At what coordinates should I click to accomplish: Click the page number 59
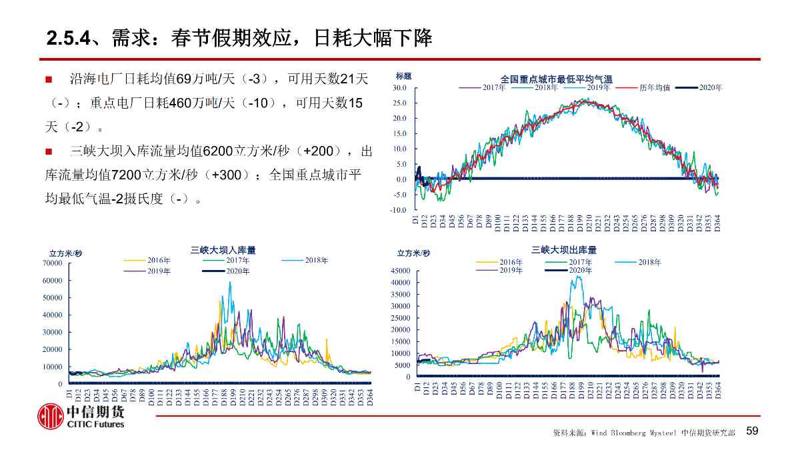pyautogui.click(x=752, y=431)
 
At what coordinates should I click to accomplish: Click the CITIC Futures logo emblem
pyautogui.click(x=50, y=417)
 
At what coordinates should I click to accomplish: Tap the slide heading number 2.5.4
pyautogui.click(x=68, y=38)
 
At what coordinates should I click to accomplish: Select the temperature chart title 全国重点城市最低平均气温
pyautogui.click(x=556, y=79)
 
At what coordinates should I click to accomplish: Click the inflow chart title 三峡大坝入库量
pyautogui.click(x=223, y=250)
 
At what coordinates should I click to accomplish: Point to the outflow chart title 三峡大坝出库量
pyautogui.click(x=563, y=250)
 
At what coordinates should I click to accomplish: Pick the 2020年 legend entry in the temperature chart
pyautogui.click(x=710, y=87)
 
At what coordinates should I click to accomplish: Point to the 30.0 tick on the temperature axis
pyautogui.click(x=400, y=88)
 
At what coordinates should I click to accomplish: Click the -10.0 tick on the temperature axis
pyautogui.click(x=399, y=210)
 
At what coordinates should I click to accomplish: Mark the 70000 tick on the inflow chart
pyautogui.click(x=53, y=263)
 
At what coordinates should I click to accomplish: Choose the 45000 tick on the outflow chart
pyautogui.click(x=401, y=271)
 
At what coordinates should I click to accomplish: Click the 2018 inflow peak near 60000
pyautogui.click(x=230, y=283)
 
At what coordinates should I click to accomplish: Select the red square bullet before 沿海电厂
pyautogui.click(x=48, y=79)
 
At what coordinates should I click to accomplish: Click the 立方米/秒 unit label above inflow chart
pyautogui.click(x=65, y=253)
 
